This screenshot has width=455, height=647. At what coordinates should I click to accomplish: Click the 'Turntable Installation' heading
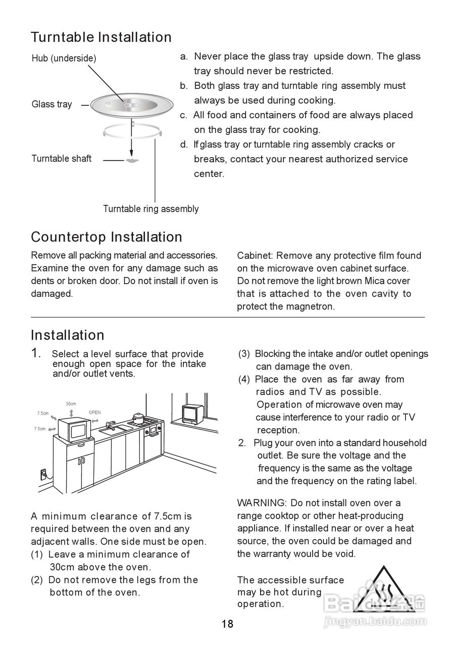click(x=101, y=37)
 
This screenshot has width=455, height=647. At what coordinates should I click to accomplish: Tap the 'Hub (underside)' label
click(x=64, y=58)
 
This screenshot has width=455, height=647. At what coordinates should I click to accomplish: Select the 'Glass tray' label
click(x=52, y=104)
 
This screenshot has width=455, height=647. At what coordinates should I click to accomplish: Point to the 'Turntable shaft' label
click(x=61, y=158)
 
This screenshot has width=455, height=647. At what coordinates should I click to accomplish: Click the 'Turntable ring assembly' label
click(x=150, y=209)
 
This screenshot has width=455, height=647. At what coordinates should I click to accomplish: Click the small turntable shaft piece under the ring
click(x=131, y=160)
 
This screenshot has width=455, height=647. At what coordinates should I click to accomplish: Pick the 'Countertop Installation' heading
click(x=107, y=237)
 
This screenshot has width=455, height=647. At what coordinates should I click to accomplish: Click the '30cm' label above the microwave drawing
click(x=71, y=404)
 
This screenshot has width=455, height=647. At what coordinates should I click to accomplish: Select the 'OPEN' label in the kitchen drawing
click(x=95, y=412)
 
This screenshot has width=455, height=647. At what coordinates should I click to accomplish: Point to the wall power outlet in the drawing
click(x=43, y=474)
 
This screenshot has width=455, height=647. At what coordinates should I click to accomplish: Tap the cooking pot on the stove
click(x=137, y=419)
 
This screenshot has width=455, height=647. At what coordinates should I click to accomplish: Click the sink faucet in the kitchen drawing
click(x=111, y=424)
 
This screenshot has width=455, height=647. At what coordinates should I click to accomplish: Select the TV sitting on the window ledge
click(x=192, y=413)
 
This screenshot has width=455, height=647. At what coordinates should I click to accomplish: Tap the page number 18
click(x=227, y=624)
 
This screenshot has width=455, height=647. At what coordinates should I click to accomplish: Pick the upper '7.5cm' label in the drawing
click(x=42, y=413)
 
